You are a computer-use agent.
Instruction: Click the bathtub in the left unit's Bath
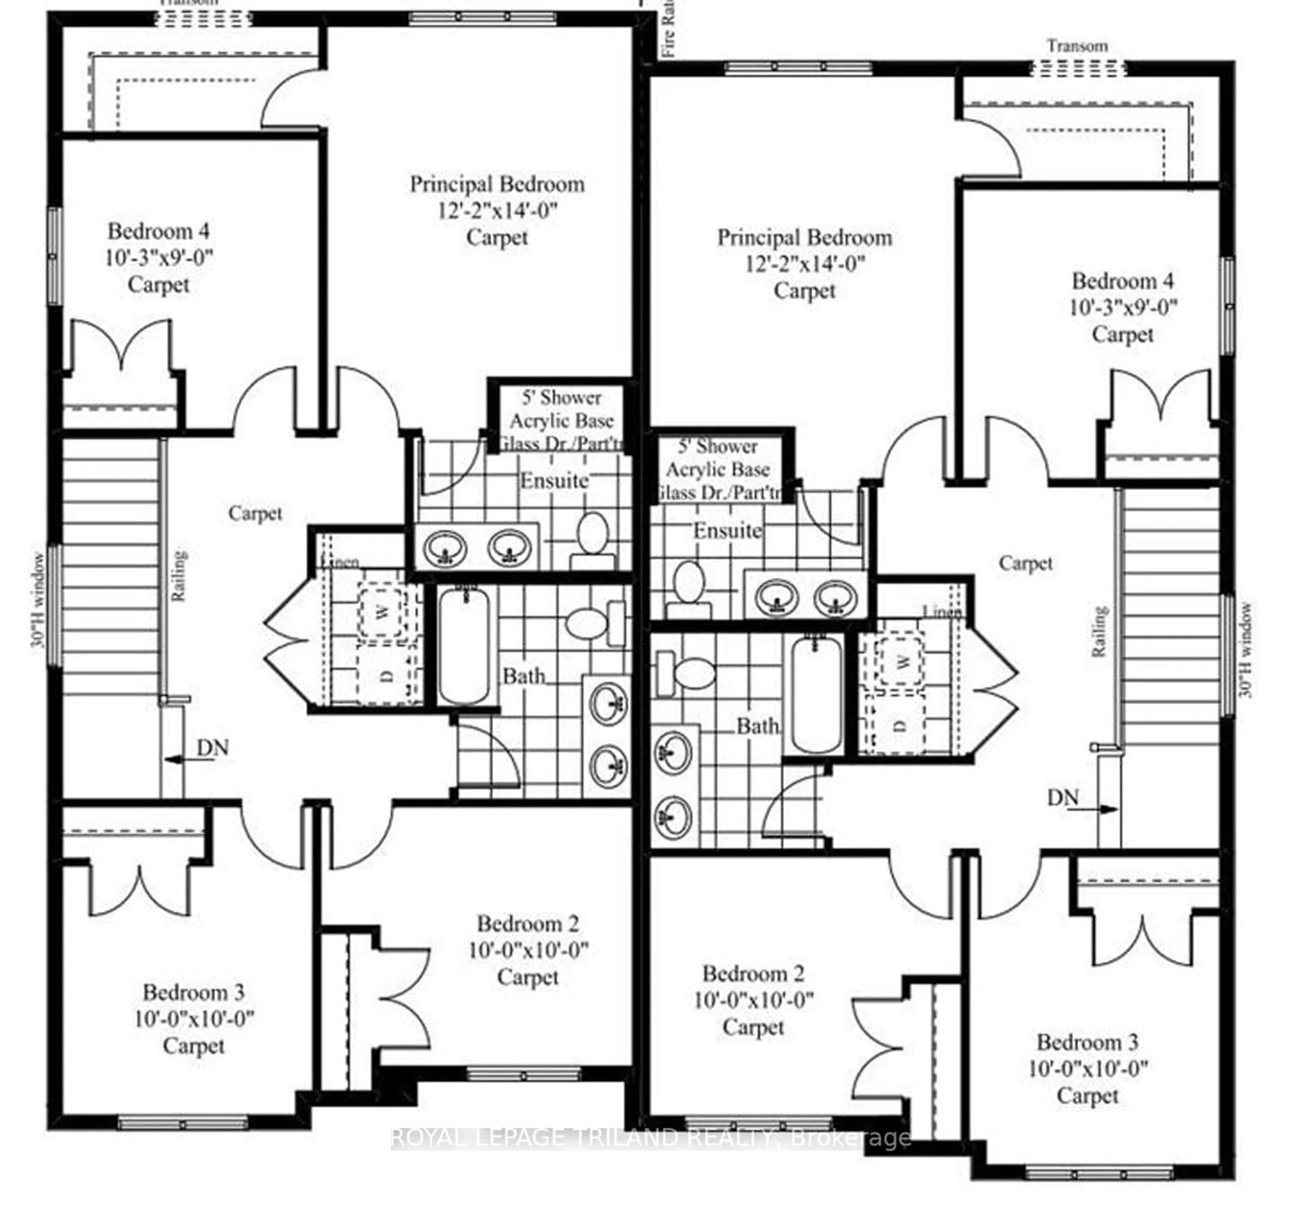tap(464, 644)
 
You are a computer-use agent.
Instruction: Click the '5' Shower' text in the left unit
tap(561, 397)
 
